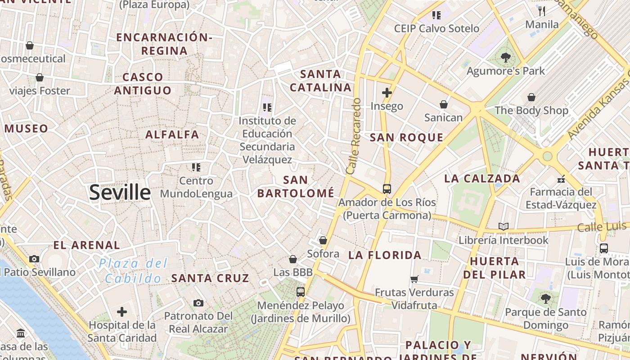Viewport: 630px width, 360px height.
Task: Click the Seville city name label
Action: [x=120, y=193]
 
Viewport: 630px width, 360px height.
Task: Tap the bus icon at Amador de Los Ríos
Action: [x=387, y=189]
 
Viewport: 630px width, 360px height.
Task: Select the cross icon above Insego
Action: [x=387, y=93]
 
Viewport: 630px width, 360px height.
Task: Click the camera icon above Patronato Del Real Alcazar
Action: [x=198, y=303]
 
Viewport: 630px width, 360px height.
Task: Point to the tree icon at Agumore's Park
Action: [x=505, y=57]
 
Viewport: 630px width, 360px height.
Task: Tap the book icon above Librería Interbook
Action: [x=504, y=226]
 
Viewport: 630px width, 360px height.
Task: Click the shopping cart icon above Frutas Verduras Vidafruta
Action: [x=414, y=279]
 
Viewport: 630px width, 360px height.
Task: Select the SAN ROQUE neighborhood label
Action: [x=406, y=138]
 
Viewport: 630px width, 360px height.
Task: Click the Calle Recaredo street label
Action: [x=354, y=136]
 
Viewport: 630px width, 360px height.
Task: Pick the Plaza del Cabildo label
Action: [x=133, y=271]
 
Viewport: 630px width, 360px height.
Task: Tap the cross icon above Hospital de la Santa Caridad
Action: [x=122, y=311]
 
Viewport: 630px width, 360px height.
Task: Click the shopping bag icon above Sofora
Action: [x=323, y=240]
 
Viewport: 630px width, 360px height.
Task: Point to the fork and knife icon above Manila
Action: [x=542, y=11]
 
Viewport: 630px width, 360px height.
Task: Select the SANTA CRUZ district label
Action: [x=210, y=278]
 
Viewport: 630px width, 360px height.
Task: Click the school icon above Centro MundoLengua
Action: [x=196, y=167]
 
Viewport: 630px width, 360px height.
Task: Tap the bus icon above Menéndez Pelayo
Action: [x=301, y=292]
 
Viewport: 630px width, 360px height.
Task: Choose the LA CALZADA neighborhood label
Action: [x=482, y=179]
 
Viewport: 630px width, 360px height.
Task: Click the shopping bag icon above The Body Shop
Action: [x=531, y=97]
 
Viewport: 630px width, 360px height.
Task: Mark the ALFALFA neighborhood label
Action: [x=172, y=135]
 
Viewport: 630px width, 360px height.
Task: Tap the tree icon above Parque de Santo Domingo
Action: [x=545, y=298]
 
